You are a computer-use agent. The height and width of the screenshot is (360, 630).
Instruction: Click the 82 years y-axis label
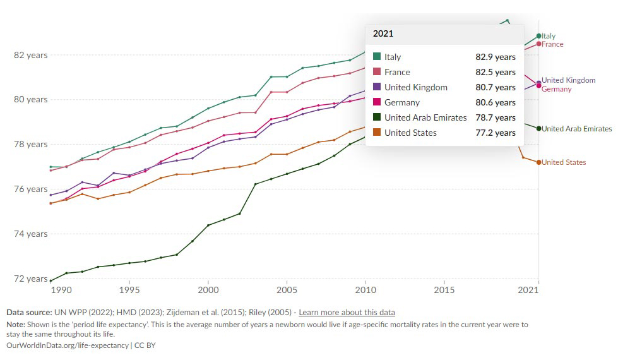[x=31, y=55]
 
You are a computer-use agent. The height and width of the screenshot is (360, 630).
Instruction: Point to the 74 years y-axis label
[x=31, y=234]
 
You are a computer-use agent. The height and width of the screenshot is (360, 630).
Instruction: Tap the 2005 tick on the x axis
[x=287, y=289]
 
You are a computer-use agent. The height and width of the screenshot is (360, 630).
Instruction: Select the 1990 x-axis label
[x=61, y=289]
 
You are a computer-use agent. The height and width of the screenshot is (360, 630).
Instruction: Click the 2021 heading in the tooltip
[x=383, y=33]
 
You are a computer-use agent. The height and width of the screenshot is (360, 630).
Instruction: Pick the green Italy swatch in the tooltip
[x=377, y=57]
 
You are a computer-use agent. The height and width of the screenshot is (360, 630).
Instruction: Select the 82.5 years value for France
[x=495, y=72]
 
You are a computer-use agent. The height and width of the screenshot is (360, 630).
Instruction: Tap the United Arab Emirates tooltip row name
[x=425, y=117]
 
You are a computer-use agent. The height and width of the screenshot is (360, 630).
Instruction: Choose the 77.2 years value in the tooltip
[x=495, y=133]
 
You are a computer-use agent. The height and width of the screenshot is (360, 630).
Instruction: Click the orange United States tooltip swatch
[x=377, y=133]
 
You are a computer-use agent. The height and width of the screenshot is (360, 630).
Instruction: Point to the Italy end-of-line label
[x=549, y=36]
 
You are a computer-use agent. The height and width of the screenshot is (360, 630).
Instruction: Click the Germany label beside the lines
[x=557, y=89]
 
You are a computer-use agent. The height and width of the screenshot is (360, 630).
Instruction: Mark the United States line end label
[x=564, y=162]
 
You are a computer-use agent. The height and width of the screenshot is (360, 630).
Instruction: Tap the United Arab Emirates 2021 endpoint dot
[x=538, y=128]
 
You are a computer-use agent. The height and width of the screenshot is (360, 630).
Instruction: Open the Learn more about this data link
[x=347, y=313]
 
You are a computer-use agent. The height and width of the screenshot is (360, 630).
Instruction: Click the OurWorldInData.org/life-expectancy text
[x=68, y=345]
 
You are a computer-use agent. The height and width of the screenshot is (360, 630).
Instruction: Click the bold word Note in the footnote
[x=15, y=325]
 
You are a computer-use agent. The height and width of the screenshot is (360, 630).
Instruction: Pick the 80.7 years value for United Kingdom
[x=495, y=87]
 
